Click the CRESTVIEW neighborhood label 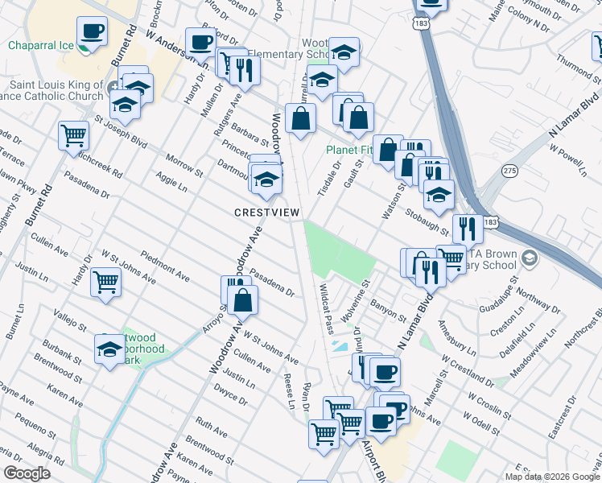pos(266,213)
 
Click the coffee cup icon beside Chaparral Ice pos(93,31)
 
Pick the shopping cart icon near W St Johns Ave pos(105,283)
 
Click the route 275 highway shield pos(509,171)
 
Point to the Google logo pos(27,473)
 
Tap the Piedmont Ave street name pos(165,266)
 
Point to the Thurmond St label pos(580,68)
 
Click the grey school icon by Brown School pos(529,258)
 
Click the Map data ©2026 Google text pos(551,477)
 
